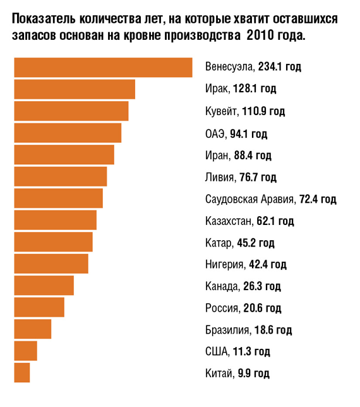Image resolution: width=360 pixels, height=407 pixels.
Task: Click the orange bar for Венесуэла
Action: (102, 68)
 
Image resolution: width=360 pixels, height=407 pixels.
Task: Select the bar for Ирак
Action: (74, 89)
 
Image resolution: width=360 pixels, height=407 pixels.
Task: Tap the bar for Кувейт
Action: (71, 111)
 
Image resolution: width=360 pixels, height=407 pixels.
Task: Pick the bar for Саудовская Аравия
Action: (57, 198)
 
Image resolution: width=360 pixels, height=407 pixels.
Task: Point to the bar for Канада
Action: (44, 286)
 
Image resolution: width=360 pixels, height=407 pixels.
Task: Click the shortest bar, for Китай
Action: (21, 373)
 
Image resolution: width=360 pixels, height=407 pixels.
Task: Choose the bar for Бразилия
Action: (32, 329)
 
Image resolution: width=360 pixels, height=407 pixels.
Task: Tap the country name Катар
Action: (219, 243)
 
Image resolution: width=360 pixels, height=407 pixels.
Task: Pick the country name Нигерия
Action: (224, 264)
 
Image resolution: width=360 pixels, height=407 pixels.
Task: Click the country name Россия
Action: (221, 308)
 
